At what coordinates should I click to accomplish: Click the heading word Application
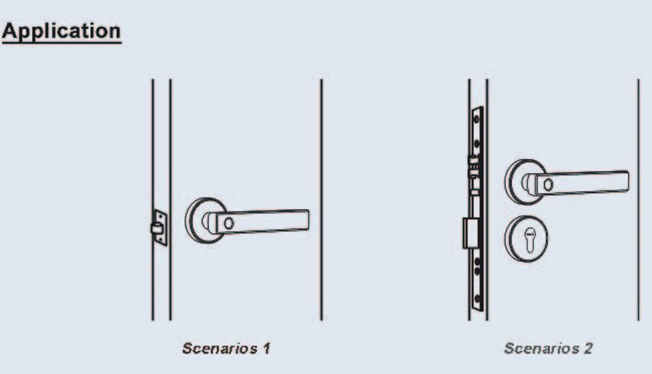(x=61, y=31)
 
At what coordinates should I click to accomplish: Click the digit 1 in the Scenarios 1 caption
(x=266, y=348)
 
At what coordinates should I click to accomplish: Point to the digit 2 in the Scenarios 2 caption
(x=588, y=348)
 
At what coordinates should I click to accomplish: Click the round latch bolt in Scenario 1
(x=156, y=228)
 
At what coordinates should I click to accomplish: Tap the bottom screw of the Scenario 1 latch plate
(x=160, y=239)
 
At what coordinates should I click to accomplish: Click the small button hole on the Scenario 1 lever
(x=229, y=223)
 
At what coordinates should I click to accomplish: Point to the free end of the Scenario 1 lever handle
(x=308, y=220)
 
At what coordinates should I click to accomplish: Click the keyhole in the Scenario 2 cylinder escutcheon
(x=529, y=240)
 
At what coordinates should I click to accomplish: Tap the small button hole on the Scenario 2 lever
(x=548, y=184)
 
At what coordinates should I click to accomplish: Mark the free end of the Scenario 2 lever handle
(x=627, y=182)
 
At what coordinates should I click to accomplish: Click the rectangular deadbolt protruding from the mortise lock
(x=470, y=234)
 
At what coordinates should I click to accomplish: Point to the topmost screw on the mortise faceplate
(x=477, y=119)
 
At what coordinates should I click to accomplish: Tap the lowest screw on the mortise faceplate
(x=477, y=298)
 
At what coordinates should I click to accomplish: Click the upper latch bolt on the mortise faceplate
(x=473, y=166)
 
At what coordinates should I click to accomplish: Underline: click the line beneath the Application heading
(x=62, y=42)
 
